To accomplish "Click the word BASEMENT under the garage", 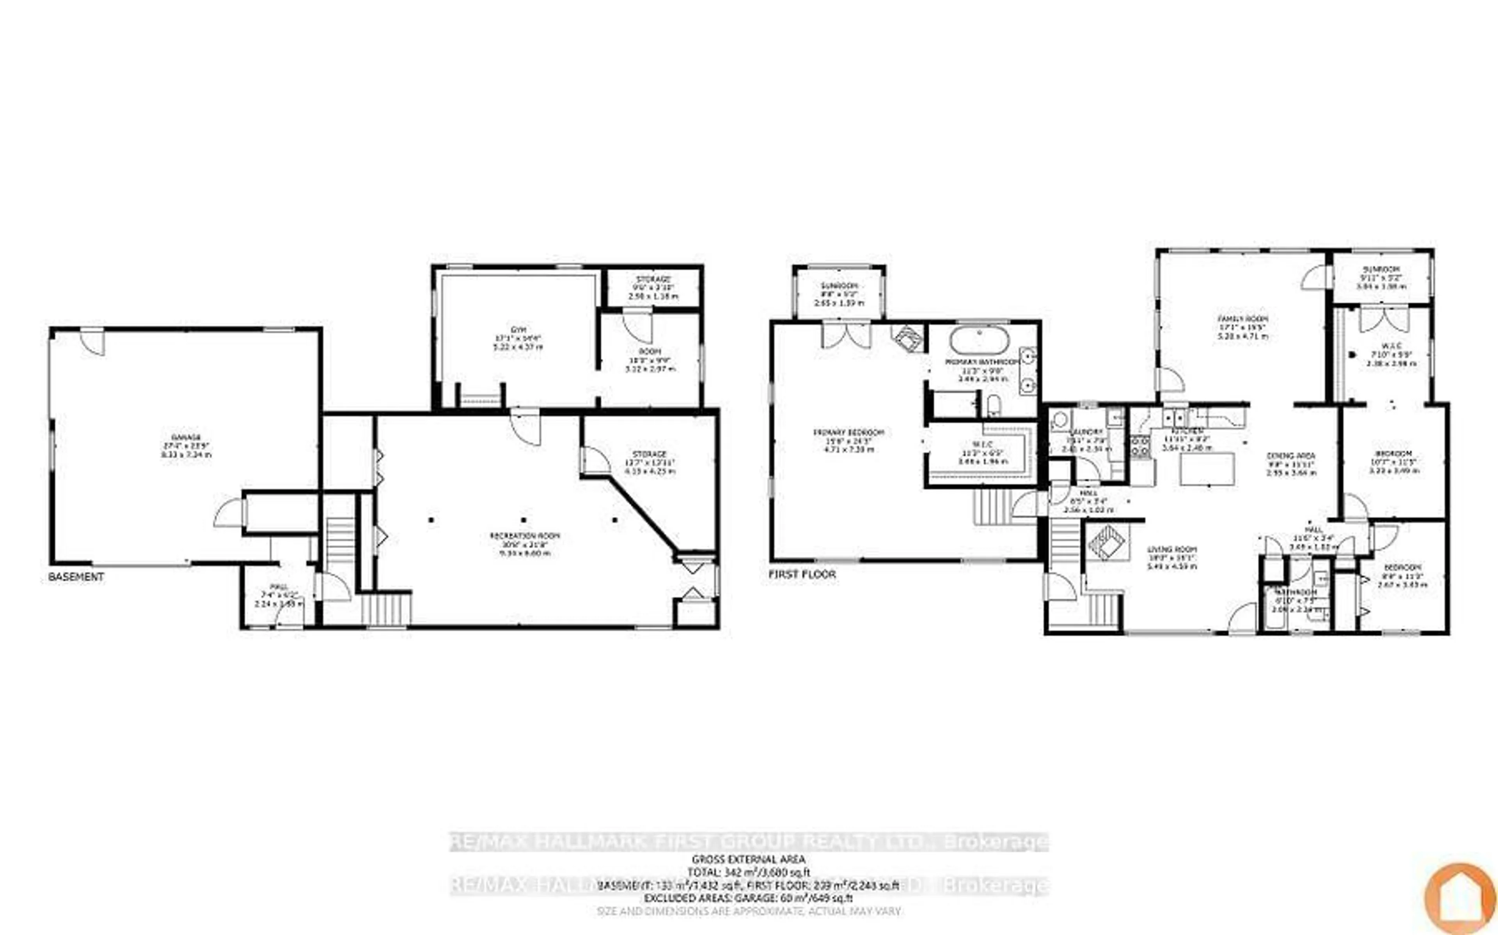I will [x=76, y=577].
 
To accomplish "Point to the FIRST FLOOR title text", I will [x=802, y=574].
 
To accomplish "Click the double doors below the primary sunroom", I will [x=845, y=335].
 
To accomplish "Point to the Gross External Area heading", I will [x=748, y=859].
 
